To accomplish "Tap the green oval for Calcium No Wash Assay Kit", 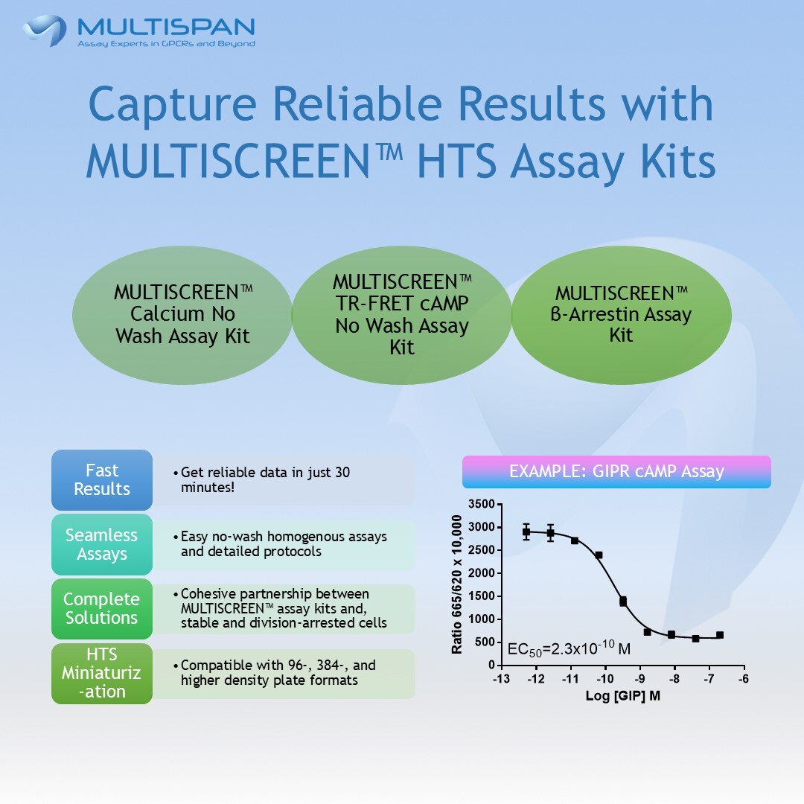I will tap(182, 314).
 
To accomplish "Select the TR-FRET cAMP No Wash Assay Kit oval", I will tap(402, 314).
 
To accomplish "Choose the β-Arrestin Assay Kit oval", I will tap(621, 314).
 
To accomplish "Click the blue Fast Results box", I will tap(102, 480).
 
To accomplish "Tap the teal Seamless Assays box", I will tap(102, 544).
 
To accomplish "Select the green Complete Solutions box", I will tap(102, 608).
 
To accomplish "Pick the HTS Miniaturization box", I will tap(102, 672).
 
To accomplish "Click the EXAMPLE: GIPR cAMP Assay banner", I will tap(616, 472).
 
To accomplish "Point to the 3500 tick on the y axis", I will tap(480, 505).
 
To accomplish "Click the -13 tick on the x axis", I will tap(501, 678).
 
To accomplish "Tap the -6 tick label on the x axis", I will tap(742, 678).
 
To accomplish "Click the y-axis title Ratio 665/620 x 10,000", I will tap(457, 584).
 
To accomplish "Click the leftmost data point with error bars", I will tap(526, 532).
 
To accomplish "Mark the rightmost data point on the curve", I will tap(719, 635).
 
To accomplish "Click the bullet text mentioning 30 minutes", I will tap(264, 480).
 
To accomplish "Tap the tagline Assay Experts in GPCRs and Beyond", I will tap(167, 44).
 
